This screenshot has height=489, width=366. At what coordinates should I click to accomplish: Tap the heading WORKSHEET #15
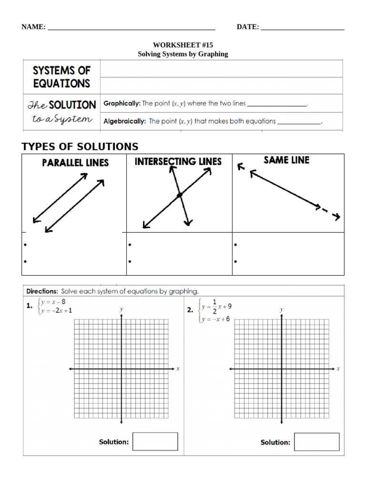183,45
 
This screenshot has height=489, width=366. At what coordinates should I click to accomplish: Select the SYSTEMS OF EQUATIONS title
61,77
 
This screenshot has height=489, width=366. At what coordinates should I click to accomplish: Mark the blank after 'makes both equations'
299,122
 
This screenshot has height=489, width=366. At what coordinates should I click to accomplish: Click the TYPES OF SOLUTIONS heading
80,147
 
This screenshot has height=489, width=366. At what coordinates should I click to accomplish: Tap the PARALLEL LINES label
75,163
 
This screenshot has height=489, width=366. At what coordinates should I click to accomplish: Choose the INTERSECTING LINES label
178,162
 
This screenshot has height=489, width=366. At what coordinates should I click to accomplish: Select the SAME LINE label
286,160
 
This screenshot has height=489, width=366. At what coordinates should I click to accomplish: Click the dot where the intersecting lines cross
179,195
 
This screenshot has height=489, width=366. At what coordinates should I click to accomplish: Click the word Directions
42,291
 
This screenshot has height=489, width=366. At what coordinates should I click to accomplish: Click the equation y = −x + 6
216,319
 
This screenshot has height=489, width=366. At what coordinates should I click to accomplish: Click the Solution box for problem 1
155,442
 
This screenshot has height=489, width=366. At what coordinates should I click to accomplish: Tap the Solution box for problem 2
316,442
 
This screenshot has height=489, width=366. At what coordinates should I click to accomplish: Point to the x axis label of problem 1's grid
178,369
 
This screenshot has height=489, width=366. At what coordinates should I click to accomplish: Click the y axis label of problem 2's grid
282,309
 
